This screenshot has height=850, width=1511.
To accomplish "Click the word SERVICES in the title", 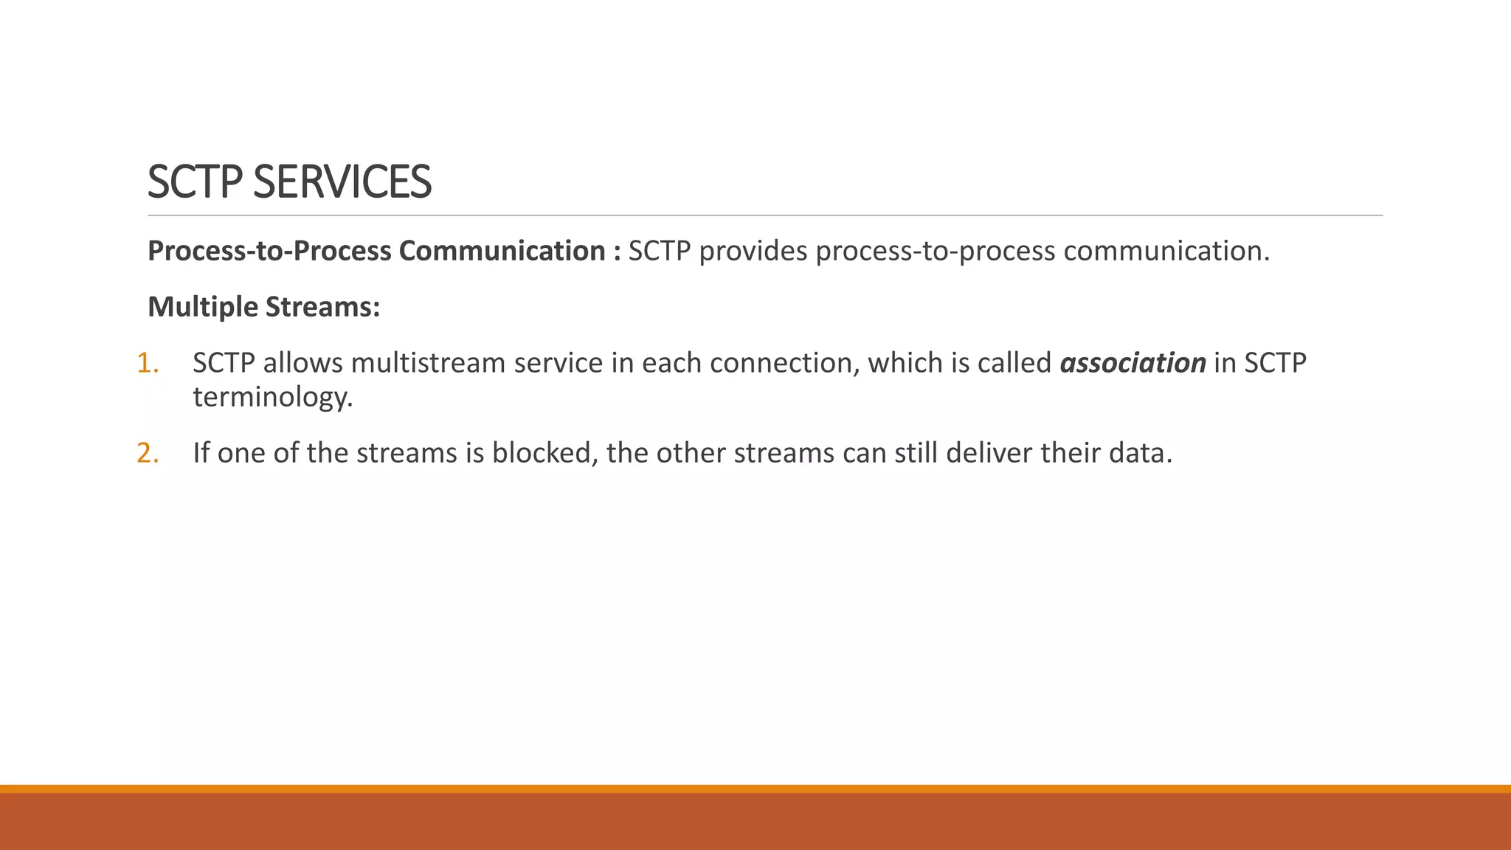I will click(342, 182).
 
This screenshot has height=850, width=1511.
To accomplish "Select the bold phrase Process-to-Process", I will click(269, 251).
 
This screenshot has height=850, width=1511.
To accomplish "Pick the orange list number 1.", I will click(148, 363).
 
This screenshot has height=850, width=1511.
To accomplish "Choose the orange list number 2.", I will click(148, 453).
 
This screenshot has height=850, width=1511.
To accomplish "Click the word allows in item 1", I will click(302, 363).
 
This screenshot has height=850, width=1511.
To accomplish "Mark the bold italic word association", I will click(1133, 363).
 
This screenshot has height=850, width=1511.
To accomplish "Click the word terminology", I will click(273, 397).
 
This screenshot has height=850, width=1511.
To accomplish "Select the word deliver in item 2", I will click(989, 453).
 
